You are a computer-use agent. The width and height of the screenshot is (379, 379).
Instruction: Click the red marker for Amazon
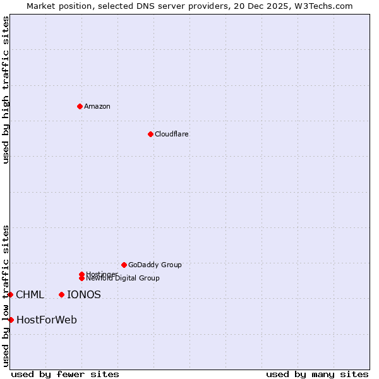80,106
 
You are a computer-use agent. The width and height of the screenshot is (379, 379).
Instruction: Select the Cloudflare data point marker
150,134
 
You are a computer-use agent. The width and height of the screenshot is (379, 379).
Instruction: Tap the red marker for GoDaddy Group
124,265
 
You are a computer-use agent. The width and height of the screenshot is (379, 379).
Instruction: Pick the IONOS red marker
61,294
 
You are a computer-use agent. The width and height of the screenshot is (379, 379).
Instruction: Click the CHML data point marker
11,294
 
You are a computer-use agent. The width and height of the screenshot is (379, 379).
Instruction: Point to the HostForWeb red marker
11,320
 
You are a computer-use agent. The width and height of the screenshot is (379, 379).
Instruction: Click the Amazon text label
97,106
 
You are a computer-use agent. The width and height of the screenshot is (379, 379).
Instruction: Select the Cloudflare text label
171,134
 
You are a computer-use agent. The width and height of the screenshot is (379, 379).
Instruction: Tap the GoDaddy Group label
155,265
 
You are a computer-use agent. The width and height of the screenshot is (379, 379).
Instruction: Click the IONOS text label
84,294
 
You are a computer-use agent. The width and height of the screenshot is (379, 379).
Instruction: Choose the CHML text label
30,294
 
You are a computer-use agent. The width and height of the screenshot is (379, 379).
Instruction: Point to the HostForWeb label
47,320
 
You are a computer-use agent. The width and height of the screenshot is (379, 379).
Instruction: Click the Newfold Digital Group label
123,278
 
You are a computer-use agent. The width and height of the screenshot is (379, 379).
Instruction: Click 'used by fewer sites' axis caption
65,374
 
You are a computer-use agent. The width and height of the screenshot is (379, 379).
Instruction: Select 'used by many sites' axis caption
317,374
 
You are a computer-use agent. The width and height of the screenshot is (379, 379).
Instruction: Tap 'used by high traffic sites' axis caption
6,89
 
